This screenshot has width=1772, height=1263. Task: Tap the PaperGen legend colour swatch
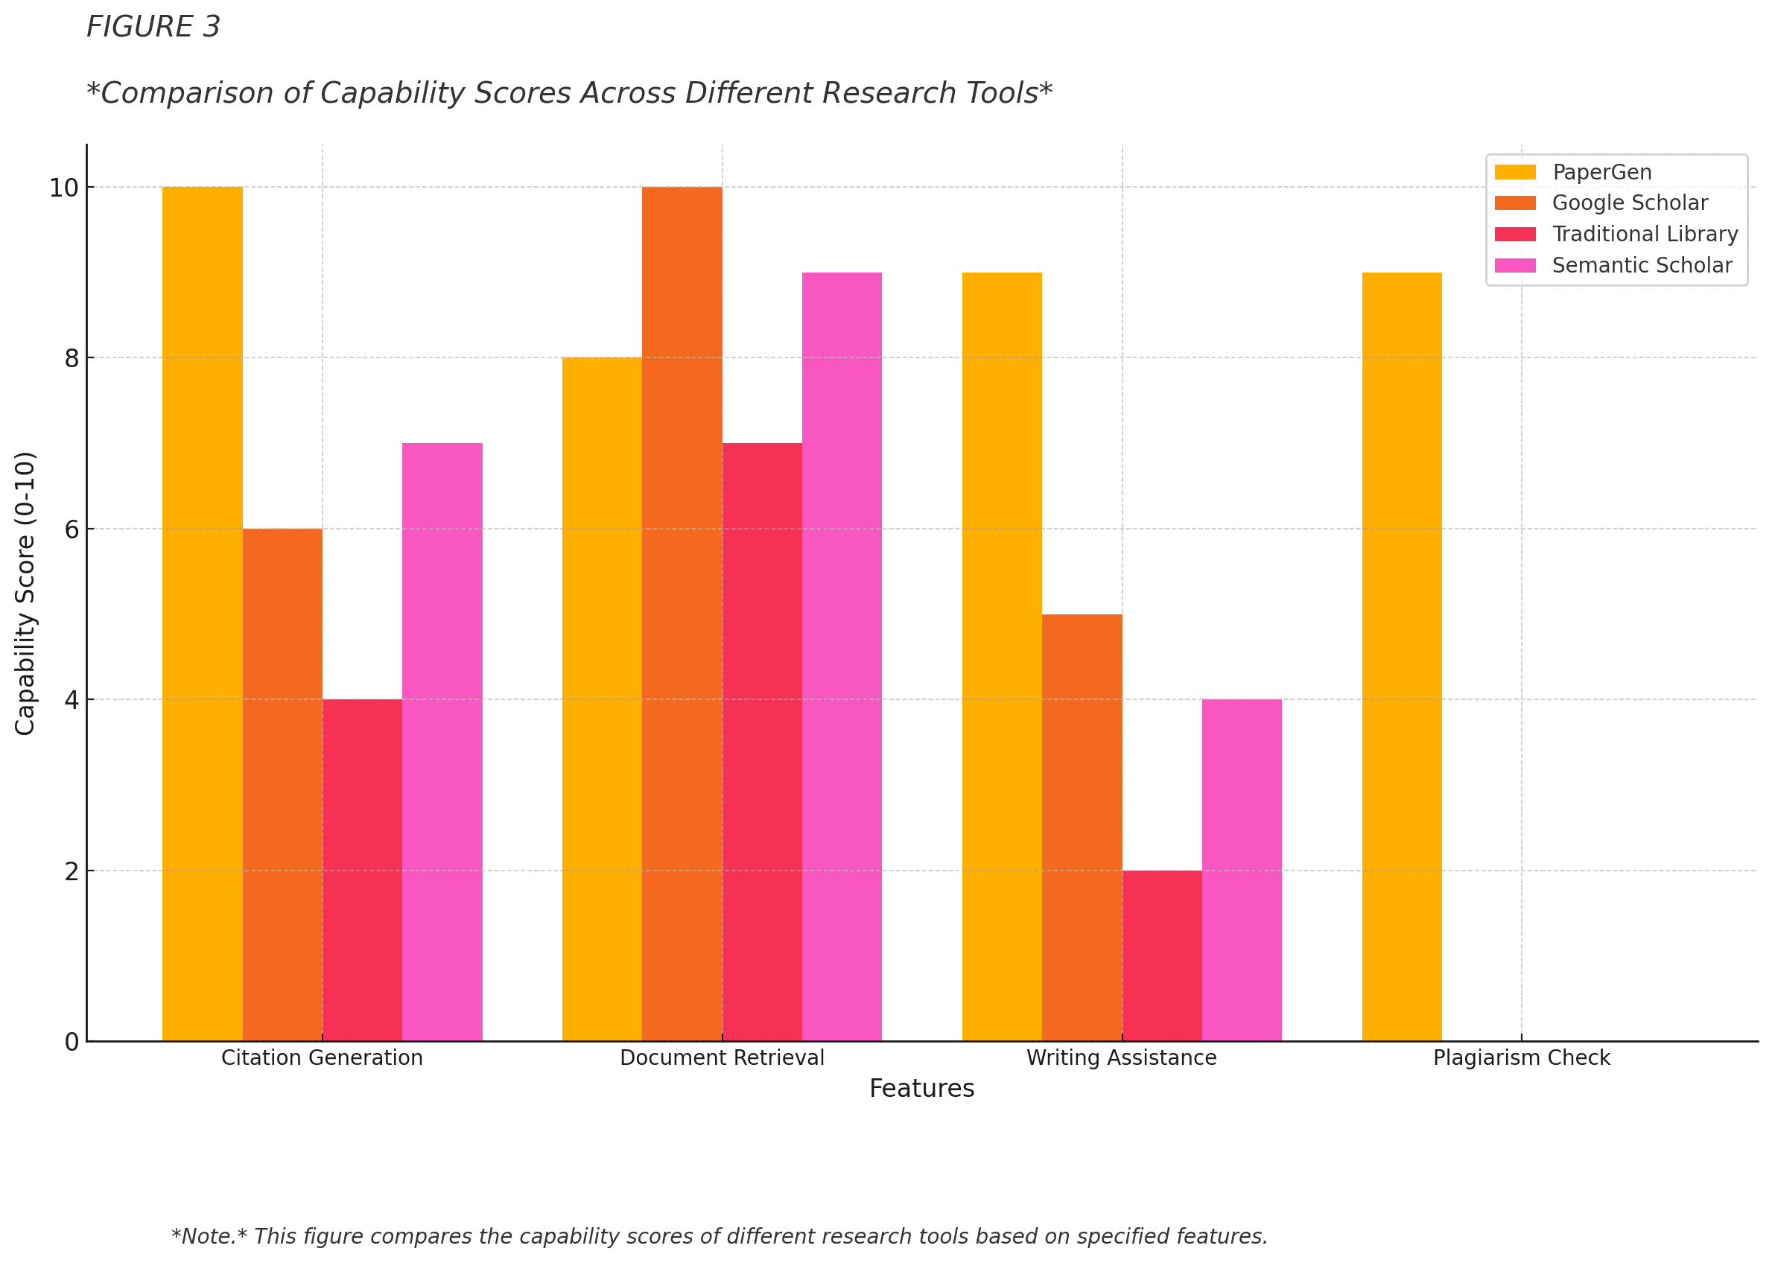point(1515,172)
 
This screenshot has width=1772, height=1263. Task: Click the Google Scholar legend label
point(1630,203)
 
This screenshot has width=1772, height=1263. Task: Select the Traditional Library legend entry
point(1645,234)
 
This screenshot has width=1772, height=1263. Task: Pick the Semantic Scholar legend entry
point(1642,265)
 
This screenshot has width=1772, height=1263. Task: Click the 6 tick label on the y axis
point(72,529)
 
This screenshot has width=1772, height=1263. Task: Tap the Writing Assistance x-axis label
point(1121,1057)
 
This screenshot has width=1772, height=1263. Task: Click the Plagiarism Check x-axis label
point(1522,1057)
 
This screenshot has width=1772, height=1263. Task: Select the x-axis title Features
point(922,1088)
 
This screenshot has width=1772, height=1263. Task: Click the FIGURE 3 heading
point(153,28)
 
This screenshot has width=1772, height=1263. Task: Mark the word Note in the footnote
point(209,1236)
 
